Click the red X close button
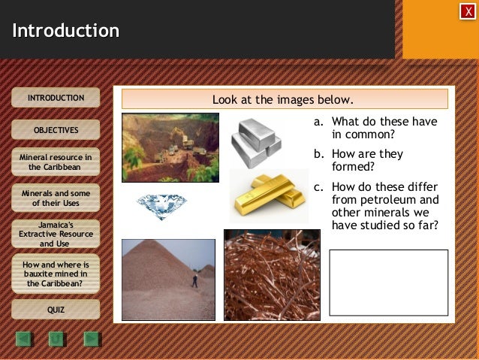tap(467, 11)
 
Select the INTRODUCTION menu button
tap(56, 98)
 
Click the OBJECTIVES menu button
tap(56, 130)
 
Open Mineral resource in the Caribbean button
tap(56, 162)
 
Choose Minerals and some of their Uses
tap(56, 198)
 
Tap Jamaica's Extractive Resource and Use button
tap(56, 234)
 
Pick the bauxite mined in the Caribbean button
tap(56, 274)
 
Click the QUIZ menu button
tap(56, 309)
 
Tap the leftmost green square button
tap(23, 339)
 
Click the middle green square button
tap(56, 339)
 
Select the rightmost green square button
tap(91, 339)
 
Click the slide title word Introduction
tap(66, 31)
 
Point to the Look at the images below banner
tap(284, 99)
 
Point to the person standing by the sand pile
tap(194, 280)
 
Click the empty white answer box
tap(388, 282)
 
